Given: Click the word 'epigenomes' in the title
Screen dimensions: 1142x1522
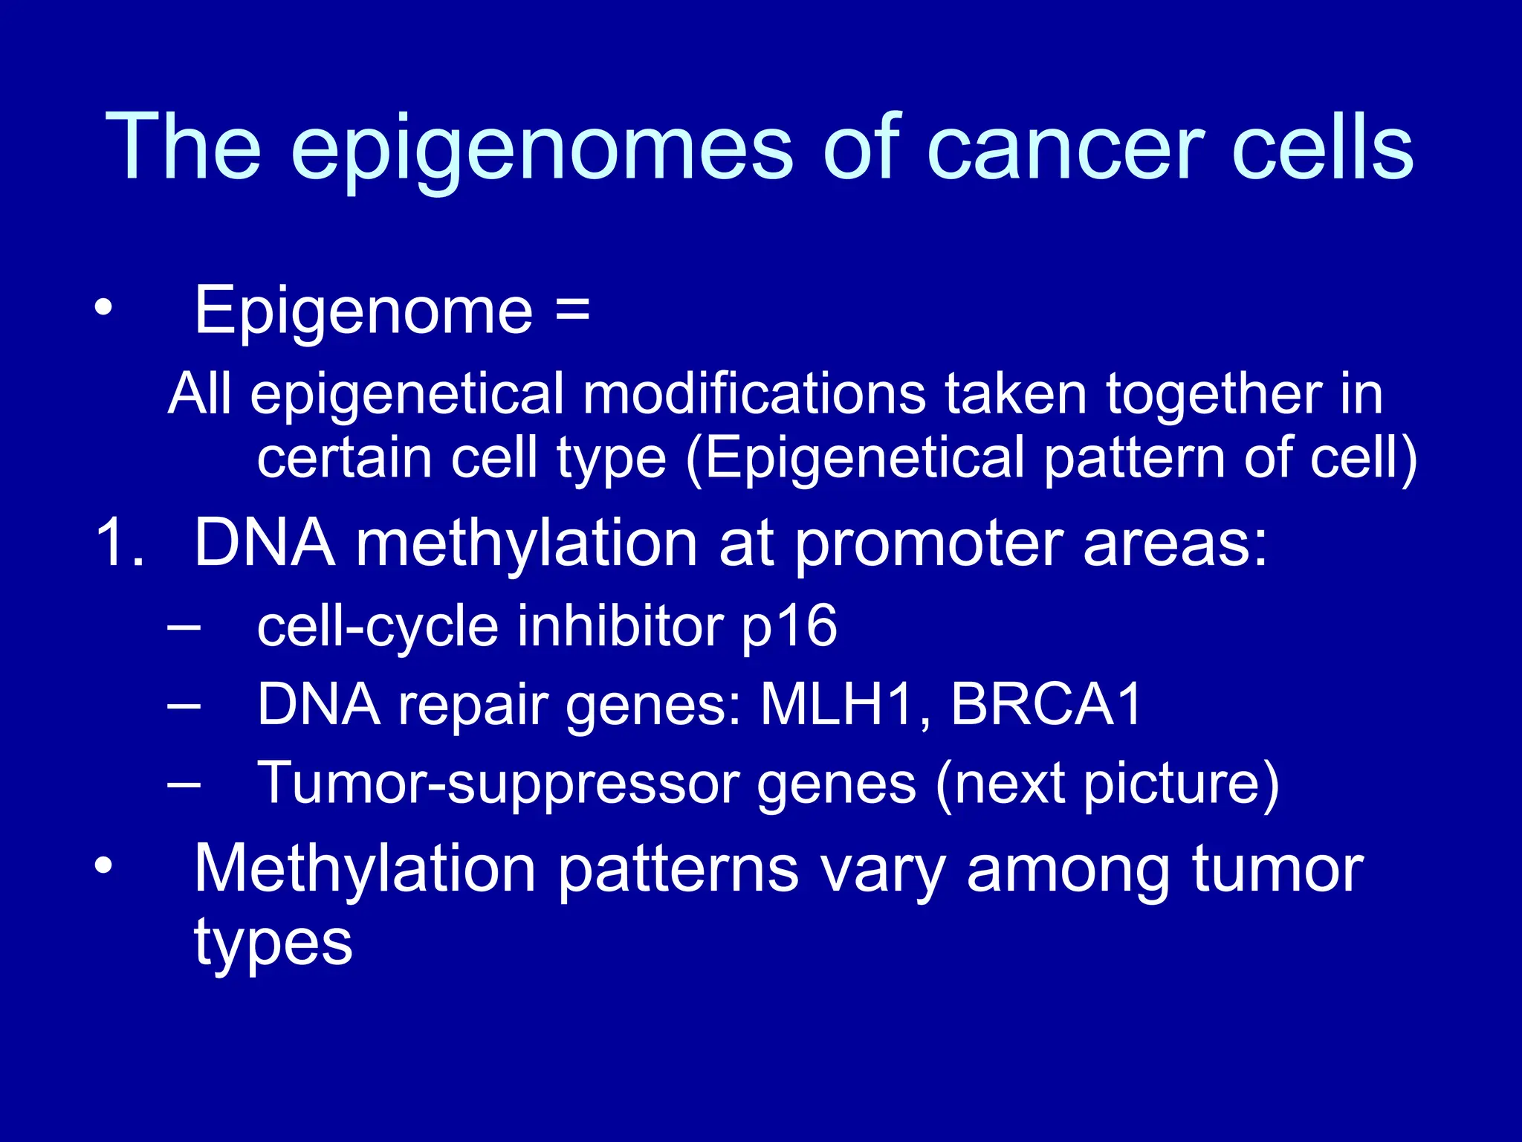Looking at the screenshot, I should click(x=543, y=149).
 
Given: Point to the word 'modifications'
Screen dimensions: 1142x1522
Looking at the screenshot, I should click(x=754, y=394).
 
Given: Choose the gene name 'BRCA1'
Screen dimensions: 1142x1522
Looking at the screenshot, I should click(x=1046, y=705).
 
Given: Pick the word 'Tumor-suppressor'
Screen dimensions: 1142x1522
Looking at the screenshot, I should click(x=498, y=784).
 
